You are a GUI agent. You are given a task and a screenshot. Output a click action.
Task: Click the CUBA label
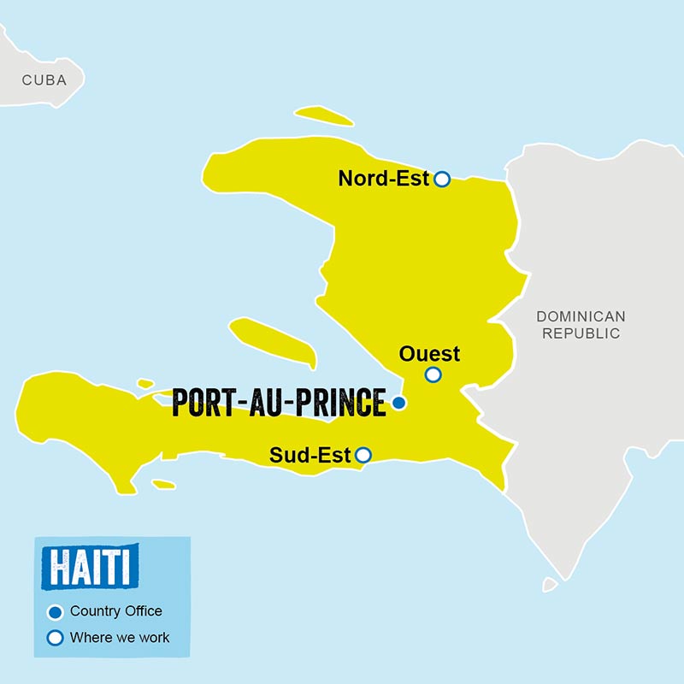point(44,80)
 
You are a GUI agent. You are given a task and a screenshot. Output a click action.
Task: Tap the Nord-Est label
point(384,179)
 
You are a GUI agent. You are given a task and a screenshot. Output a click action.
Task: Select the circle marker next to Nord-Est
point(441,179)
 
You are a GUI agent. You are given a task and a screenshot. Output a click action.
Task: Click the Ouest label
point(429,353)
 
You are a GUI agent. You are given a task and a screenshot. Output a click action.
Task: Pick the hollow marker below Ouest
point(433,374)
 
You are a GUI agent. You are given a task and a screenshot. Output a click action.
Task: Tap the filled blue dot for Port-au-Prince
point(398,403)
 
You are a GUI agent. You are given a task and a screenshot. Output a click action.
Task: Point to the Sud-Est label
point(310,456)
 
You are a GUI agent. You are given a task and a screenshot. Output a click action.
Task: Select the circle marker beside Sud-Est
point(363,455)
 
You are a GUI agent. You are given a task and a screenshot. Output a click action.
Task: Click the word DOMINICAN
point(581,316)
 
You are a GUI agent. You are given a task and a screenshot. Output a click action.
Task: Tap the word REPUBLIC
point(581,333)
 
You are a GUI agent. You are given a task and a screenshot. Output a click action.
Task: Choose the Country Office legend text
point(116,611)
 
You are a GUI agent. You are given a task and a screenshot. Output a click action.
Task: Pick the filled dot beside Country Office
point(56,612)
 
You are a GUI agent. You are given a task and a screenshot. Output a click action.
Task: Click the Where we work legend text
point(120,637)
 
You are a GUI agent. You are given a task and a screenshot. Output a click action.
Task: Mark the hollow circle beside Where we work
point(56,638)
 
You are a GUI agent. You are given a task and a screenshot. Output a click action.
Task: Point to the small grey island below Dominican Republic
point(550,585)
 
